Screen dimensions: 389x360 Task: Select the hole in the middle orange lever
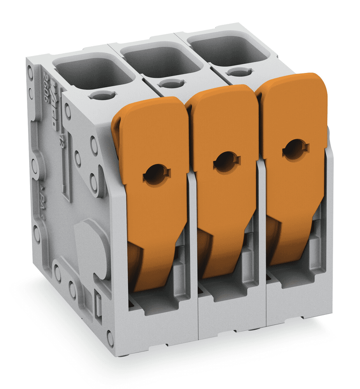[x=227, y=161]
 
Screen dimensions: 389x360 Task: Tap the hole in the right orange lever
[x=295, y=149]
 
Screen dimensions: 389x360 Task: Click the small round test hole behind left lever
[x=102, y=95]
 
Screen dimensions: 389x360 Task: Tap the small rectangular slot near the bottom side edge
[x=98, y=306]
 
